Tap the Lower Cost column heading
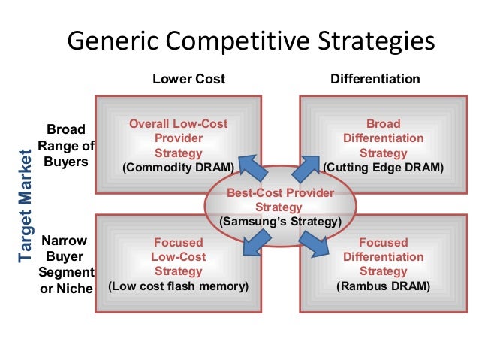[x=189, y=79]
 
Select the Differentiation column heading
[x=375, y=79]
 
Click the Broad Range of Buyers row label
[x=66, y=144]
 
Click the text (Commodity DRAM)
[x=179, y=167]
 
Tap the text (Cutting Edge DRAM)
[x=383, y=167]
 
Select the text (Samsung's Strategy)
[x=279, y=222]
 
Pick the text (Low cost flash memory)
[x=179, y=286]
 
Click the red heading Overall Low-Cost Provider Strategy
[x=179, y=138]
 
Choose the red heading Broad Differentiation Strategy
[x=383, y=138]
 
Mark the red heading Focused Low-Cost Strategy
[x=179, y=256]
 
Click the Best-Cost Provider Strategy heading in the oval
[x=279, y=199]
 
